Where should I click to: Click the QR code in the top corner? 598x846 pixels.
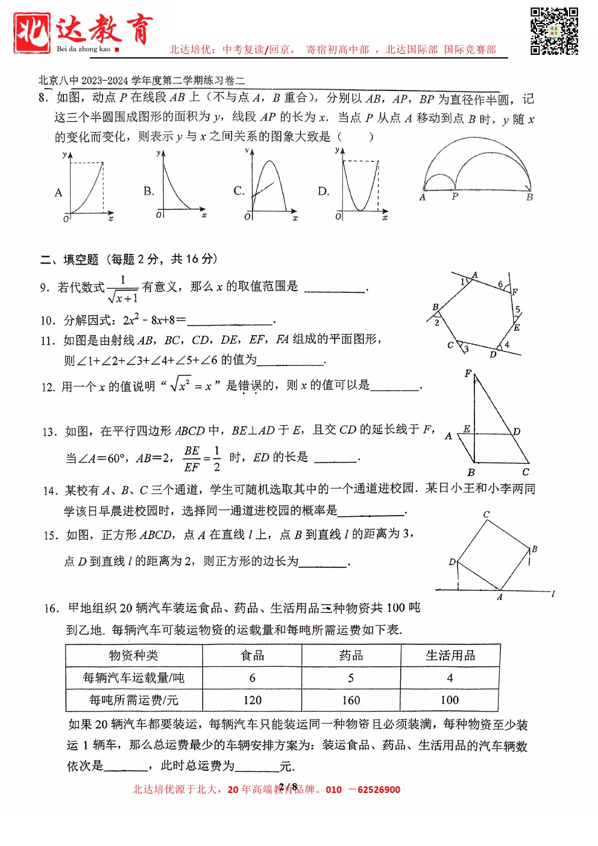coord(554,31)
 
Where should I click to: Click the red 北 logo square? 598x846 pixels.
coord(31,33)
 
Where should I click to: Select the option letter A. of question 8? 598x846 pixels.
coord(58,193)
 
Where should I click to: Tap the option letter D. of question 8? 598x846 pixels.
coord(324,192)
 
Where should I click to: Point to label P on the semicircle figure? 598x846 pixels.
coord(455,197)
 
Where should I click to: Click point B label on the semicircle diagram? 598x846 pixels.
coord(529,197)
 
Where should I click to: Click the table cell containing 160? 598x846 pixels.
coord(351,700)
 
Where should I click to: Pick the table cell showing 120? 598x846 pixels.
coord(252,700)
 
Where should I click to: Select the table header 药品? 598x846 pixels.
coord(351,655)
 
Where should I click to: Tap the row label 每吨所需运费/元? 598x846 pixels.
coord(134,700)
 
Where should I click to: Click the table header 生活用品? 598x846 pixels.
coord(450,655)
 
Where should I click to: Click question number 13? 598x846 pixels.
coord(49,432)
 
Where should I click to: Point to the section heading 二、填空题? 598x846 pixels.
coord(69,260)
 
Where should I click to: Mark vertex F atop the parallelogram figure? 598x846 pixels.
coord(468,374)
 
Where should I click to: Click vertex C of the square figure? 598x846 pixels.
coord(486,514)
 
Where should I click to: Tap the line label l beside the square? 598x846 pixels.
coord(553,594)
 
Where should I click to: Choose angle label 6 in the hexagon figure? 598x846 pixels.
coord(500,284)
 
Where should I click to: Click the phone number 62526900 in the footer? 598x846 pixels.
coord(379,789)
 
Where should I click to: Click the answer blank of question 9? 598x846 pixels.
coord(335,288)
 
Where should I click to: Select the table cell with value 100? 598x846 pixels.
coord(450,700)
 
